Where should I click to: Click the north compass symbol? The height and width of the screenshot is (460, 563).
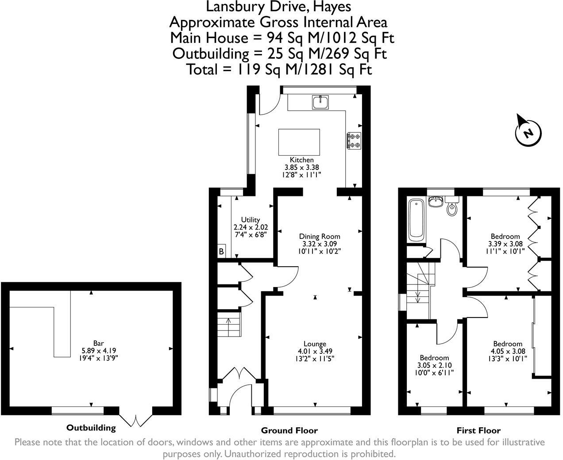(x=528, y=133)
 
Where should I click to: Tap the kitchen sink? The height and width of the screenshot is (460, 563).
(x=320, y=102)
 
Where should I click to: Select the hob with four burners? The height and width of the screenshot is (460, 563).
(x=354, y=140)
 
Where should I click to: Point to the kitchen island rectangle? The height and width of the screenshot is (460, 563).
(x=299, y=142)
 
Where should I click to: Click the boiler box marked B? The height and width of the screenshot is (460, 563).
(x=221, y=251)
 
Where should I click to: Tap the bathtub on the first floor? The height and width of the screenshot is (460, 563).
(x=416, y=219)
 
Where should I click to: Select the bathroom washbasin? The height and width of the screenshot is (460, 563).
(x=436, y=202)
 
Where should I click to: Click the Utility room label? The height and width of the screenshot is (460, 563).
(x=251, y=219)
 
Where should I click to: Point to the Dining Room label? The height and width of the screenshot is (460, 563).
(x=320, y=236)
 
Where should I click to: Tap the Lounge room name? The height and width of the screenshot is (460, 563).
(x=315, y=344)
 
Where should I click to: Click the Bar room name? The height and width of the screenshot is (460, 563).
(x=99, y=343)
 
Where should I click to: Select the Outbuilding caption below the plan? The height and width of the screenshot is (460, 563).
(x=91, y=428)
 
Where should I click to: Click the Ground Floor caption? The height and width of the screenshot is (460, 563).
(x=289, y=430)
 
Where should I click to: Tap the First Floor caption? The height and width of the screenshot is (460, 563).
(x=478, y=430)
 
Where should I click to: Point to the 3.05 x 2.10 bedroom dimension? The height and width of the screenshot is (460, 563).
(x=434, y=365)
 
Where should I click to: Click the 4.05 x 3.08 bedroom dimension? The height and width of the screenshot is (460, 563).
(x=508, y=351)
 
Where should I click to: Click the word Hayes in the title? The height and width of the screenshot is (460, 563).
(x=332, y=7)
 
